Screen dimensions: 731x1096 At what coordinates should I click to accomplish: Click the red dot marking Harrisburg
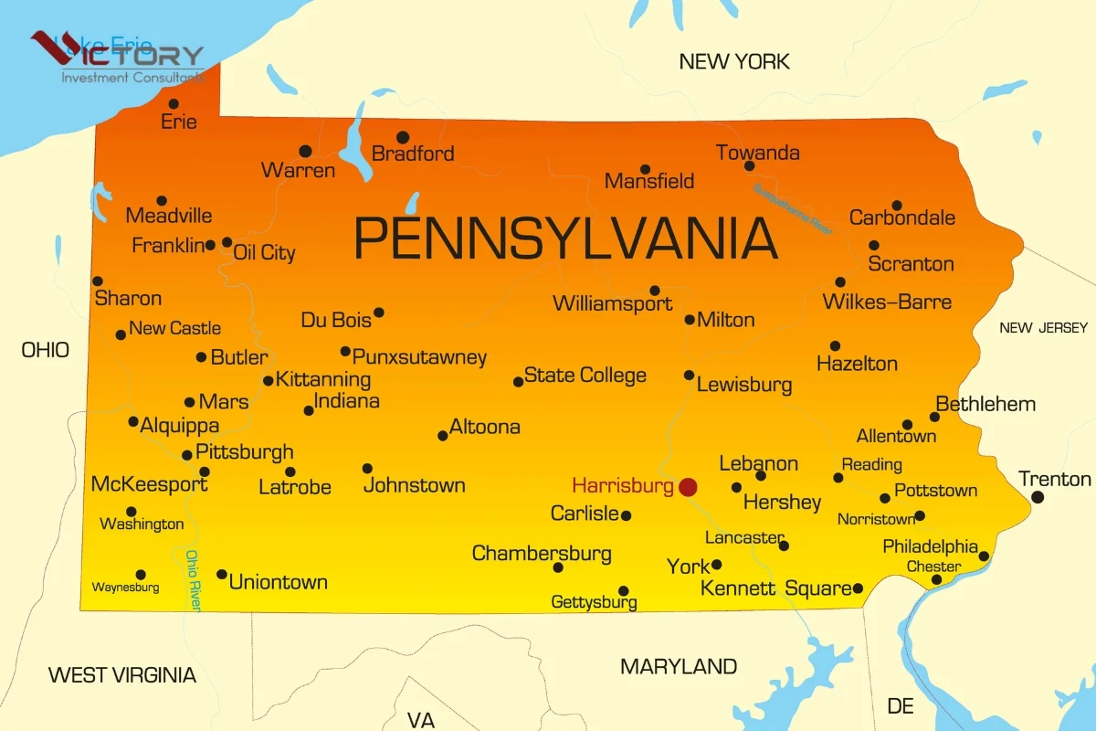pos(688,487)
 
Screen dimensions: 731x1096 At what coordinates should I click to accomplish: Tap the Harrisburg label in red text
pos(623,486)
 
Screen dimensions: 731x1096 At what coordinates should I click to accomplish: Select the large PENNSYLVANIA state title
pos(565,238)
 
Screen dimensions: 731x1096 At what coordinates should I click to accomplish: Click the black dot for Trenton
pos(1038,497)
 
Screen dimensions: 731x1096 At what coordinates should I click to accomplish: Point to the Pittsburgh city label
pos(245,451)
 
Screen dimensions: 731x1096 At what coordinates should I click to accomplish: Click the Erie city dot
pos(174,104)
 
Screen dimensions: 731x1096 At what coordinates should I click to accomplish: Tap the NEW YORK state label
pos(734,62)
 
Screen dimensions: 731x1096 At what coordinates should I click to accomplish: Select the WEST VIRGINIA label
pos(121,675)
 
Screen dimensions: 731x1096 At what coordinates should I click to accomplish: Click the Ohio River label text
pos(194,580)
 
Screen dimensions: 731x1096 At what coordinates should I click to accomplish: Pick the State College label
pos(585,376)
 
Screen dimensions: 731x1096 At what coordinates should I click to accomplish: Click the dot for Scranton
pos(874,245)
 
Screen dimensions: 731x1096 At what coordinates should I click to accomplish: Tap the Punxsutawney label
pos(419,357)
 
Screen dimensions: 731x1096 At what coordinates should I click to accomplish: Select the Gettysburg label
pos(594,602)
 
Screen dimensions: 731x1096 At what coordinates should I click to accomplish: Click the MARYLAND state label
pos(679,667)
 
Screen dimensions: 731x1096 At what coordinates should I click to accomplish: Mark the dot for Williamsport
pos(655,291)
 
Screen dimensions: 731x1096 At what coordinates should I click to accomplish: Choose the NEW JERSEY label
pos(1043,328)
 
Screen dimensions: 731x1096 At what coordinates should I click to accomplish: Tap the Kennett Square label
pos(776,588)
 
